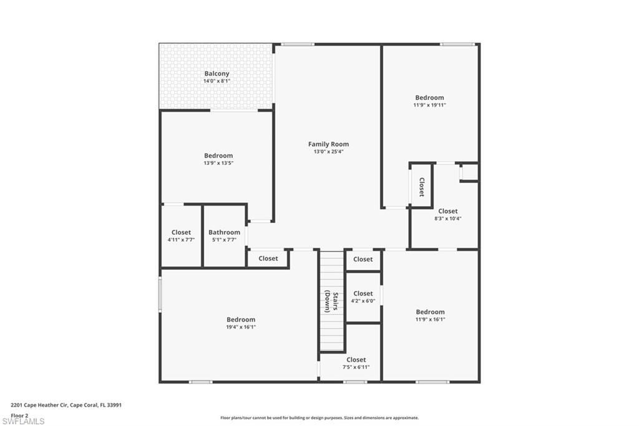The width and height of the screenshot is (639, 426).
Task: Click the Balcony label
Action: point(217,74)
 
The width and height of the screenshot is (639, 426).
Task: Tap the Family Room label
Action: point(328,144)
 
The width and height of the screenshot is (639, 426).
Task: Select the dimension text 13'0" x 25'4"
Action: point(328,152)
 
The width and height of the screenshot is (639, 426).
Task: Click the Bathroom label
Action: point(224,232)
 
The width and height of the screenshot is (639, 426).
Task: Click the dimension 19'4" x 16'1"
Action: point(241,327)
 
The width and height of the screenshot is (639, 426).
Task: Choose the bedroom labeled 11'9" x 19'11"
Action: point(429,97)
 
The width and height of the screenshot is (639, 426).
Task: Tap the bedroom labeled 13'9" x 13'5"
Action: point(218,156)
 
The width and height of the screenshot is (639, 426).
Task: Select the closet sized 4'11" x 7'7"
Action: point(181,232)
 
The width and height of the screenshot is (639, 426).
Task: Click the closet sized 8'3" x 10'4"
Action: point(447,211)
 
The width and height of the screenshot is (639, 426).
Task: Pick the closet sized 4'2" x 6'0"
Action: point(363,294)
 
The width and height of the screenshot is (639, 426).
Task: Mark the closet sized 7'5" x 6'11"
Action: point(356,360)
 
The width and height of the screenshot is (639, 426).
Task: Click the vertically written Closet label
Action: point(421,187)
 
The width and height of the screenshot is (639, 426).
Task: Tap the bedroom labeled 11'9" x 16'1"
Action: point(430,312)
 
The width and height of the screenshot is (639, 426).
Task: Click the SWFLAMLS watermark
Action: point(24,421)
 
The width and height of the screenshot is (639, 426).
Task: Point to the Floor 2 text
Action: point(19,415)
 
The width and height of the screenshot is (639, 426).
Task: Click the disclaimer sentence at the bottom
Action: point(319,418)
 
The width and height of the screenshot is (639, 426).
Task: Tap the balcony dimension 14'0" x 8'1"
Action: point(217,81)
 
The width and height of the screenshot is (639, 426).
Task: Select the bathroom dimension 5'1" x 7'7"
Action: point(224,240)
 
